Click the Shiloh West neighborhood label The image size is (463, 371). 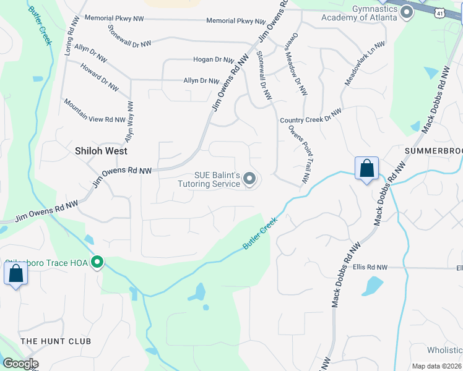101,151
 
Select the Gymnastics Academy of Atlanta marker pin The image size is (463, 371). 406,13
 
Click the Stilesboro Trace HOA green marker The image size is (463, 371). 97,263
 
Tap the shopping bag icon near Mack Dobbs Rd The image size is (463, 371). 366,168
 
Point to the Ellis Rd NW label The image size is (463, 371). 370,267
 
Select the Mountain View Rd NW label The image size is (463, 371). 95,111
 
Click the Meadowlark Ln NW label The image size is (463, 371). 365,64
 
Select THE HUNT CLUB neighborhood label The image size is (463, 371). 56,341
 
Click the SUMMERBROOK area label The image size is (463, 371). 433,151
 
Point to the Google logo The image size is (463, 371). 20,364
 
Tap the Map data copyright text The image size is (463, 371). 436,366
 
